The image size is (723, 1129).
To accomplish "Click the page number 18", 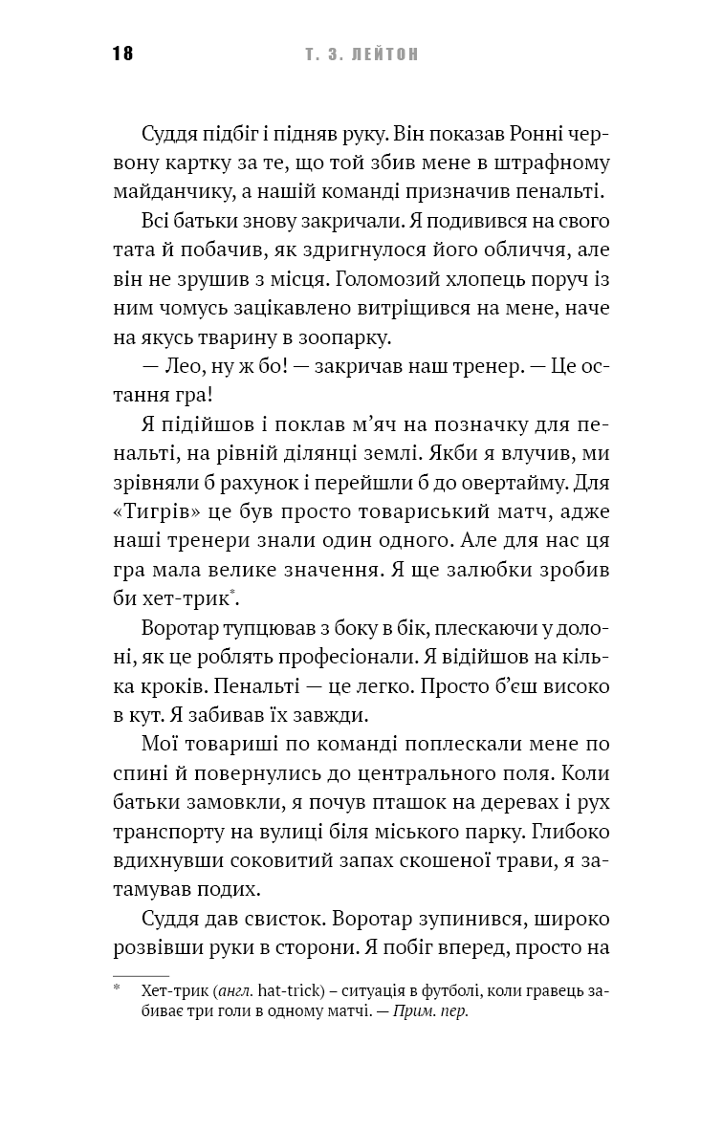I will pyautogui.click(x=122, y=54).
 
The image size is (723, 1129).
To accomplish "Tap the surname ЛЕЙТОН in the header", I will pyautogui.click(x=382, y=54).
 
